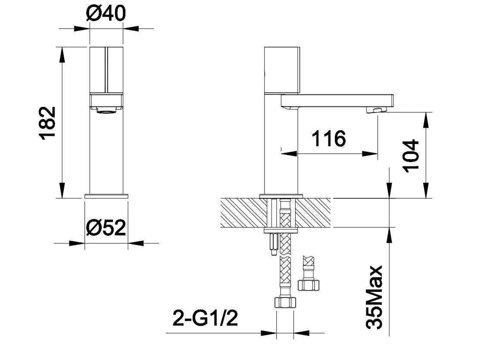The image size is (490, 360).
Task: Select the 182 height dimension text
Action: point(48,123)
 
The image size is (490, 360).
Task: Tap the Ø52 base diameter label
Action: point(106,228)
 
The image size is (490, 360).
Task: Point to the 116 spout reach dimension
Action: point(328,138)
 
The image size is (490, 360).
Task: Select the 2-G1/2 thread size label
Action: point(205,319)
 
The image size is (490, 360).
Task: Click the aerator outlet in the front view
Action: point(106,111)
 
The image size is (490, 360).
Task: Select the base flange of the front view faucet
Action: point(106,196)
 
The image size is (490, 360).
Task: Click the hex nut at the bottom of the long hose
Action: point(285,302)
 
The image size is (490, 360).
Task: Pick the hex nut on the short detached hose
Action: point(309,285)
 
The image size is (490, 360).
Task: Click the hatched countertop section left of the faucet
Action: point(240,213)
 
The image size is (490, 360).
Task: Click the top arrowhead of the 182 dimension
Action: point(62,54)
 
